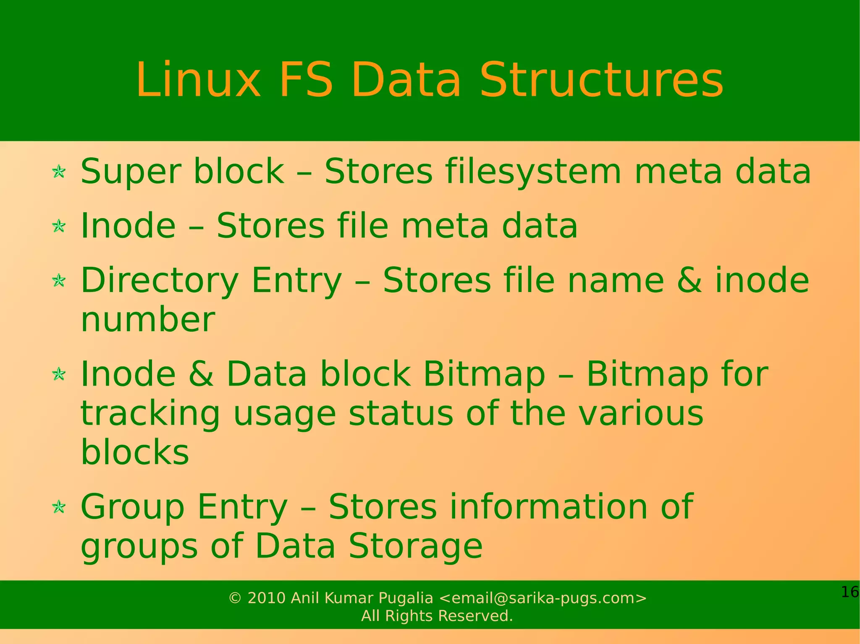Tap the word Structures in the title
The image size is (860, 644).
[x=601, y=80]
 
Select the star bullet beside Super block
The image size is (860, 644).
[x=59, y=172]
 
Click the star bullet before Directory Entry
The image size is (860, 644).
[x=59, y=281]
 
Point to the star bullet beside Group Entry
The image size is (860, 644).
[x=59, y=507]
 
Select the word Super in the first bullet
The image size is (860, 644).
[x=130, y=172]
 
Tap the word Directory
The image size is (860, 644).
[x=160, y=281]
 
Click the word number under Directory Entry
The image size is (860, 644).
[x=148, y=320]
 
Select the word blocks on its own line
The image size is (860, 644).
[x=135, y=452]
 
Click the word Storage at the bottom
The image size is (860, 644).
[x=416, y=546]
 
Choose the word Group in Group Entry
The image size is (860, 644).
[x=133, y=508]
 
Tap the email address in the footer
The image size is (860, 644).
[x=543, y=598]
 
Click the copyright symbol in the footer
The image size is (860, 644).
[x=235, y=598]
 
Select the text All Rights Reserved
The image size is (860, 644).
[x=437, y=616]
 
